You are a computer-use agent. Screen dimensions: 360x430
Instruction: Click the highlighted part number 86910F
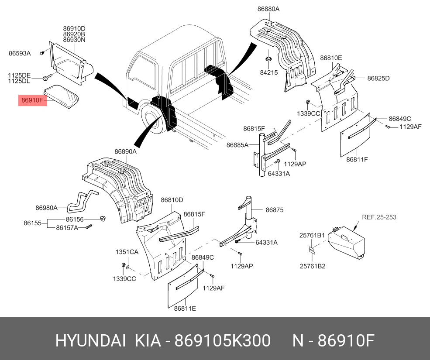(x=32, y=101)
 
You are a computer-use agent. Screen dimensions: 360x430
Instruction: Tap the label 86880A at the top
(x=268, y=9)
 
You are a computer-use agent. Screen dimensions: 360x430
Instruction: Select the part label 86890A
(x=126, y=152)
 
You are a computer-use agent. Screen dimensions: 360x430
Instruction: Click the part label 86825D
(x=378, y=79)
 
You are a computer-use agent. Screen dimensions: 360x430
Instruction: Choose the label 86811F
(x=357, y=160)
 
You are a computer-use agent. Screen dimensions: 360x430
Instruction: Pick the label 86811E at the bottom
(x=185, y=309)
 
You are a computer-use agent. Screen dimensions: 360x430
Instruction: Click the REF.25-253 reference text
(x=379, y=217)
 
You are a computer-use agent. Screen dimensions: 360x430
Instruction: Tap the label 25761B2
(x=312, y=266)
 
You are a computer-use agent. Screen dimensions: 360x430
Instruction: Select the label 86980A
(x=46, y=208)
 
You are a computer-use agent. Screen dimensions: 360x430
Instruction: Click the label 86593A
(x=20, y=54)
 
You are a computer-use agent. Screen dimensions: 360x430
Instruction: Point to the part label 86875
(x=275, y=210)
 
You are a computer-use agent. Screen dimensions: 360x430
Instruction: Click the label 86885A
(x=237, y=144)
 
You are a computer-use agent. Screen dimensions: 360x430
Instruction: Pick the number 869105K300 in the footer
(x=222, y=341)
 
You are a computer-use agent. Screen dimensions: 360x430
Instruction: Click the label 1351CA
(x=127, y=252)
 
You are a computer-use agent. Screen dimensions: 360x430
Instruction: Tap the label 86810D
(x=172, y=200)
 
